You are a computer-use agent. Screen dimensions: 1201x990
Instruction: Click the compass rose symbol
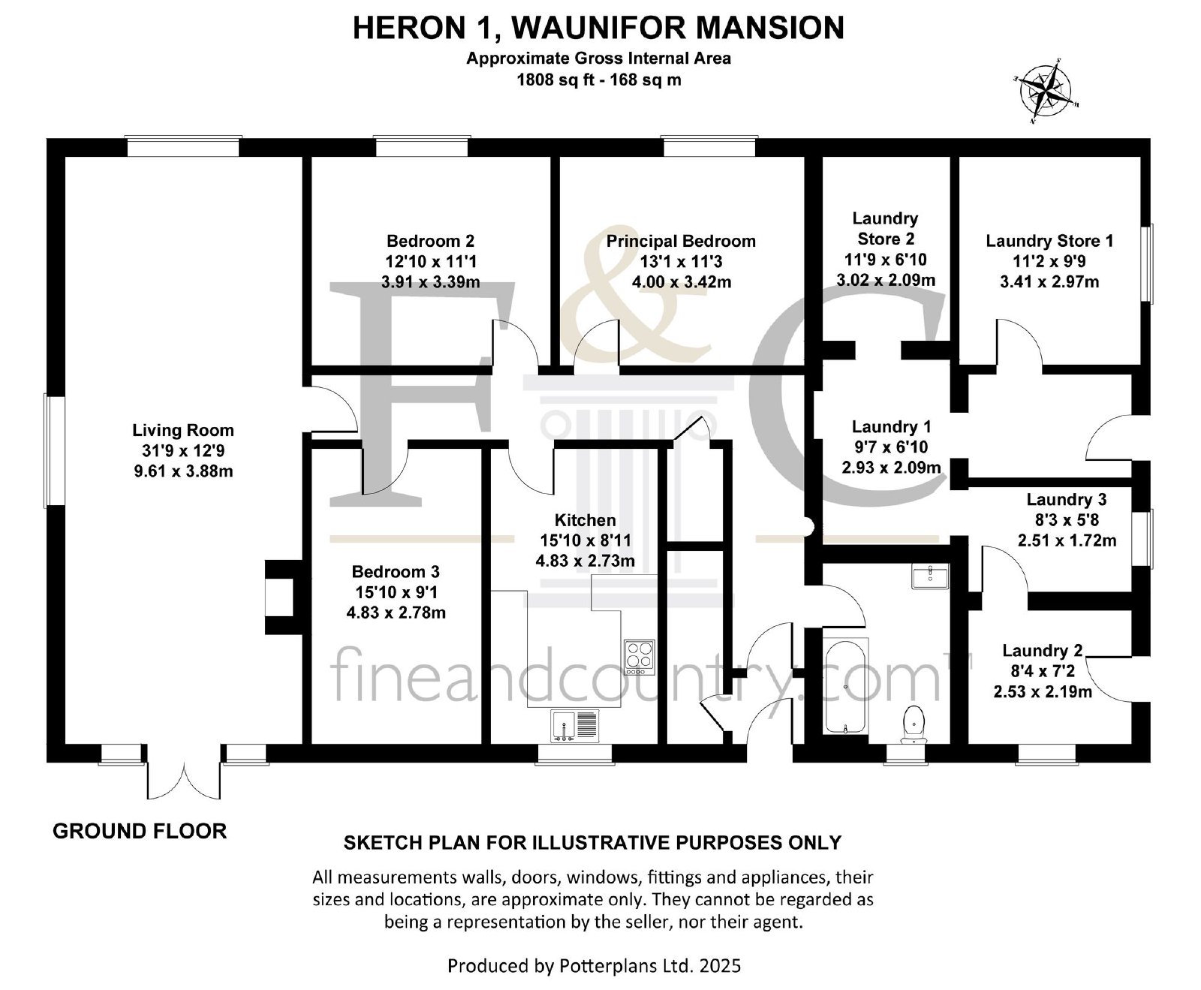point(1047,92)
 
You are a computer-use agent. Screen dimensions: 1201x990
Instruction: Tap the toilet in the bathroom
point(914,724)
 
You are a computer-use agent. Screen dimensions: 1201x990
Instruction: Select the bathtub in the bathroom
point(846,686)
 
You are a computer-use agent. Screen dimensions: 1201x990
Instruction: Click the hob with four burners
point(639,653)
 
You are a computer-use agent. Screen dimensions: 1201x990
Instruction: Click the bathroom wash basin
point(931,576)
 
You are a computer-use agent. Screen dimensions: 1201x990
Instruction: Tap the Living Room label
point(183,431)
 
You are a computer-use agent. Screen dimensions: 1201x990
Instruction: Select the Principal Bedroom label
point(681,241)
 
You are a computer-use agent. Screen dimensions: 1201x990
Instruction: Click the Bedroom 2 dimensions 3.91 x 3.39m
point(431,282)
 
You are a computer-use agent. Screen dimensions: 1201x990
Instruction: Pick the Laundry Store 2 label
point(886,228)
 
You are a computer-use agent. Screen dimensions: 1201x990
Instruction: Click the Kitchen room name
point(585,520)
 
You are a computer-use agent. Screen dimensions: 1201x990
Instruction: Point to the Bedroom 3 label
point(396,572)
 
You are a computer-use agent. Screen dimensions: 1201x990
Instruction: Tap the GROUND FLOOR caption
point(140,831)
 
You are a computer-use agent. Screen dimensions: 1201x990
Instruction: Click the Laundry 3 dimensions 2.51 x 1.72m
point(1067,540)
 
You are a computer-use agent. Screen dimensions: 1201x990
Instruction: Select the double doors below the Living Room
point(183,773)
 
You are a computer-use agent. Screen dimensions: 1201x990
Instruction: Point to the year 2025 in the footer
point(719,964)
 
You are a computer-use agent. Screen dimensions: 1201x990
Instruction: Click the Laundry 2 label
point(1042,651)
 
